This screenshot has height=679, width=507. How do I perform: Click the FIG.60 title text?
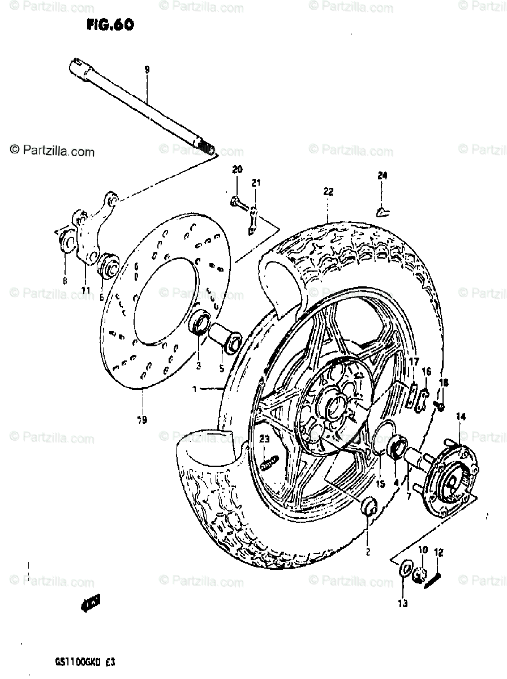pos(111,26)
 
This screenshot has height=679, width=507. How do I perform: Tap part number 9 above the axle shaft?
pos(147,70)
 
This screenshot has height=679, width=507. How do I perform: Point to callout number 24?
pos(383,176)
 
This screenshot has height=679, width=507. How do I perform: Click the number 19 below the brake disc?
pos(141,419)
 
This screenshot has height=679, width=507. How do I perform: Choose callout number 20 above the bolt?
pos(237,170)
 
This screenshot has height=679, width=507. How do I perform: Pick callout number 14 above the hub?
pos(461,417)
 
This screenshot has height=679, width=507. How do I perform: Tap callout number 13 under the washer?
pos(402,604)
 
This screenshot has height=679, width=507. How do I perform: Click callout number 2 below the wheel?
pos(368,552)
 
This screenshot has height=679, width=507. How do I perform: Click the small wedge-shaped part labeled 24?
pos(384,211)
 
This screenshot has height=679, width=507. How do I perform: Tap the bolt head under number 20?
pos(234,201)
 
